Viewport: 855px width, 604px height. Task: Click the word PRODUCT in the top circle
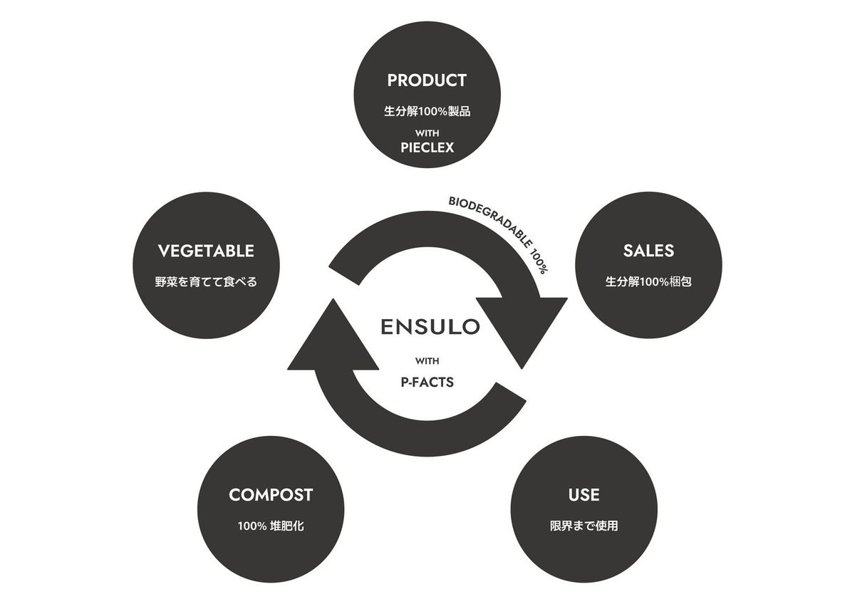tap(427, 80)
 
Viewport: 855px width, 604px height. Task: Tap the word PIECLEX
tap(427, 148)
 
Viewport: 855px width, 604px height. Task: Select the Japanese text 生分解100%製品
tap(427, 111)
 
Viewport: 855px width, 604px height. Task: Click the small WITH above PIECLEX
tap(427, 133)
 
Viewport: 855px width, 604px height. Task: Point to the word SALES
tap(648, 251)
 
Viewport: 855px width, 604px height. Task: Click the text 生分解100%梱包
tap(648, 281)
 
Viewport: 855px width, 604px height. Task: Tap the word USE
tap(584, 494)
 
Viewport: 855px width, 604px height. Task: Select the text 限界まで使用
tap(584, 526)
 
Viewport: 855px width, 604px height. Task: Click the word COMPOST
tap(271, 494)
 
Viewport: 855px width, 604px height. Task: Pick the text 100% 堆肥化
tap(271, 526)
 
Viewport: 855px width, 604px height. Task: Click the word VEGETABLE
tap(206, 251)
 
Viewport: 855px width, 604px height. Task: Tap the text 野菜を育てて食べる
tap(206, 281)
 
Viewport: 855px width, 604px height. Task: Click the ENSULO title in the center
tap(430, 327)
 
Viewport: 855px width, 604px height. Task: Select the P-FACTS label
tap(427, 382)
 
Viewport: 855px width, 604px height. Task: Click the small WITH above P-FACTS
tap(427, 360)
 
